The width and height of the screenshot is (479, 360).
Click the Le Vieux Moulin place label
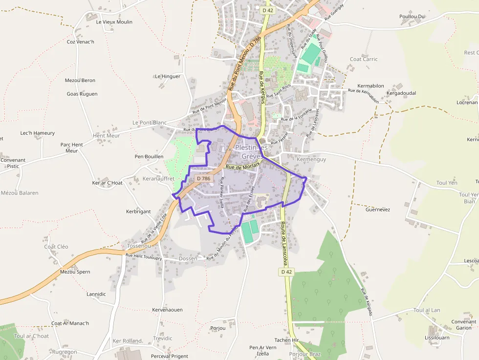[x=114, y=22]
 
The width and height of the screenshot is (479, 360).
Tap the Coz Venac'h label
[x=80, y=42]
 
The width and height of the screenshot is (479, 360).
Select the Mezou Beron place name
[x=80, y=80]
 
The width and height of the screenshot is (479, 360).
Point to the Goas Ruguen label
[x=82, y=94]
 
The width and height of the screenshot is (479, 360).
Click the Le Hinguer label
[x=168, y=76]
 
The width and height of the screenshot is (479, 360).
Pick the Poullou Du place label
[x=412, y=17]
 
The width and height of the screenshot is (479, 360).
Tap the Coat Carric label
[x=364, y=59]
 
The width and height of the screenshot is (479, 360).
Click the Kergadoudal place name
[x=401, y=93]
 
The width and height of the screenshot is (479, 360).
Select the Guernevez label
[x=378, y=210]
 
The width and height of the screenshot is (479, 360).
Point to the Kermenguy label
[x=311, y=159]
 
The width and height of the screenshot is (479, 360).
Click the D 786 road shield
[x=203, y=179]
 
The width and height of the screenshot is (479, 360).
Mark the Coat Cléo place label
[x=56, y=247]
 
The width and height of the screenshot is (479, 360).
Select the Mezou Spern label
[x=75, y=272]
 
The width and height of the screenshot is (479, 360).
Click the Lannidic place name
[x=96, y=294]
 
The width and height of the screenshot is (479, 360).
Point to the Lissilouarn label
[x=437, y=338]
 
